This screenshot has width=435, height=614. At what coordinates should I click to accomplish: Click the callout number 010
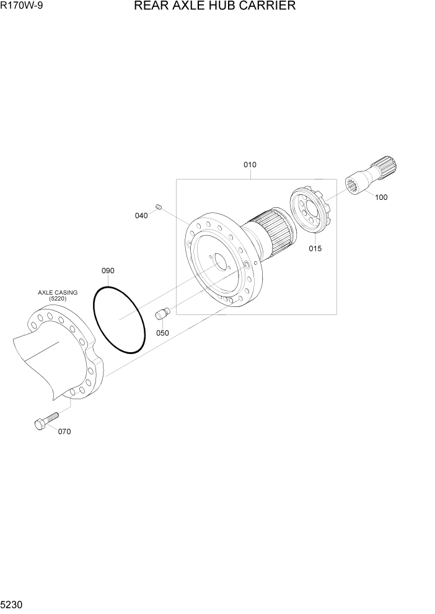(x=250, y=165)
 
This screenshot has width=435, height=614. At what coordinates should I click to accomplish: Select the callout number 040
(x=141, y=215)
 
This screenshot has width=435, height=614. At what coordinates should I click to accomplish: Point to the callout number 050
(x=162, y=333)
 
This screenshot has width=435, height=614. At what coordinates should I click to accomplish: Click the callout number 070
(x=64, y=432)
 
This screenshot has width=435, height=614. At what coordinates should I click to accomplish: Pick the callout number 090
(x=108, y=271)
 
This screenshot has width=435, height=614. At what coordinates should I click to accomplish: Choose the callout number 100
(x=381, y=197)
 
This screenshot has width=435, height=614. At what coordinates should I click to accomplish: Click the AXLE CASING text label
(x=58, y=292)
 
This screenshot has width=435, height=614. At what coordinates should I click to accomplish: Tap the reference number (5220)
(x=58, y=300)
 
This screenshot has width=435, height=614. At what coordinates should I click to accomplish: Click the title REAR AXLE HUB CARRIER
(x=214, y=6)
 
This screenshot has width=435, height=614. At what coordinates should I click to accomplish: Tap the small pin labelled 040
(x=159, y=206)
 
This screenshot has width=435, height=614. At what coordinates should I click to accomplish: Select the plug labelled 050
(x=162, y=315)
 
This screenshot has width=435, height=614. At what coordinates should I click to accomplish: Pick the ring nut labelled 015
(x=312, y=214)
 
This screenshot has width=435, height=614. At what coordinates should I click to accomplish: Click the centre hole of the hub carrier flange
(x=219, y=262)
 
